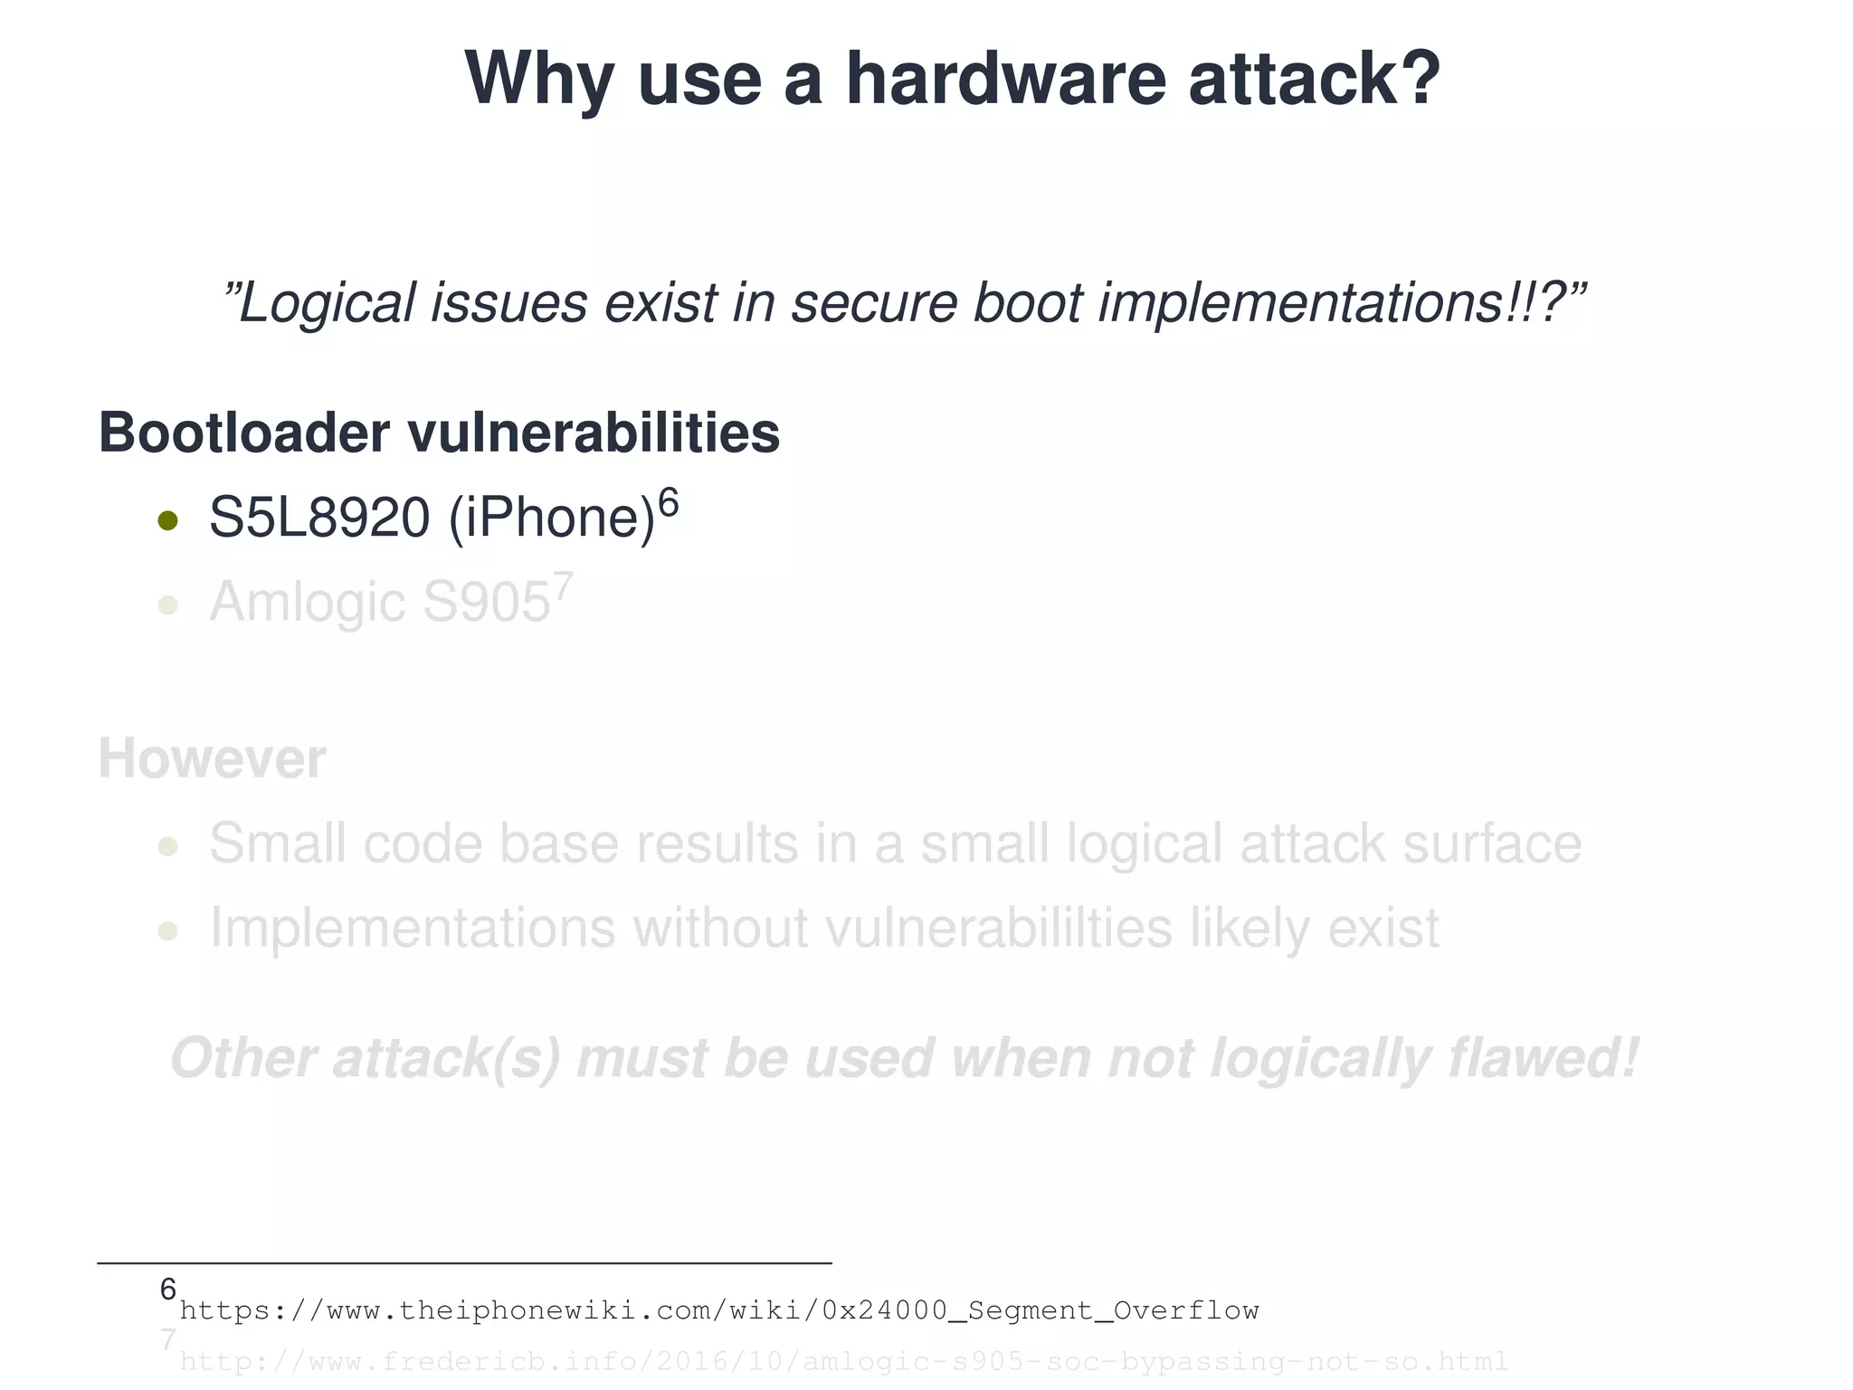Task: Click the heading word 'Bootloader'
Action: coord(244,433)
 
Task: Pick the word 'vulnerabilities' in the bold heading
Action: coord(594,433)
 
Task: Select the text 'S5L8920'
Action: coord(319,518)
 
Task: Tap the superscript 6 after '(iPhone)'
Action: coord(668,500)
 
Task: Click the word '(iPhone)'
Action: coord(551,518)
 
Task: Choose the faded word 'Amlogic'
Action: coord(307,602)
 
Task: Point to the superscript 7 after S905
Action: coord(563,586)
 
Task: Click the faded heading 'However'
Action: coord(212,758)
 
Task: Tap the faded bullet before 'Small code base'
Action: coord(167,847)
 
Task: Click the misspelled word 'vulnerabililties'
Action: coord(999,928)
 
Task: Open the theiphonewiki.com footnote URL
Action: coord(719,1310)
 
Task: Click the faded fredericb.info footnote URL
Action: coord(843,1361)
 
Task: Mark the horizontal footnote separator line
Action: coord(464,1262)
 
